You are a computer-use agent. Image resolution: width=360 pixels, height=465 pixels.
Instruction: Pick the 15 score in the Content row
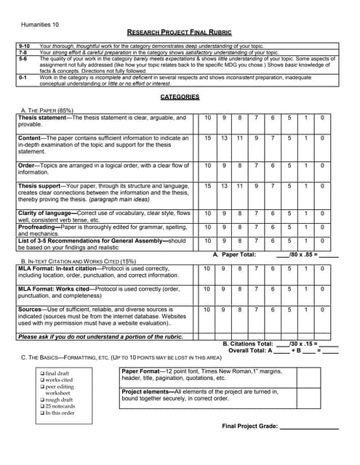pyautogui.click(x=207, y=138)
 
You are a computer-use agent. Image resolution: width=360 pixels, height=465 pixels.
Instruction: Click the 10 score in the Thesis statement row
pyautogui.click(x=207, y=118)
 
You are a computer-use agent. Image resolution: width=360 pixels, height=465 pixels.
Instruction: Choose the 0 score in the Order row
pyautogui.click(x=323, y=166)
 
